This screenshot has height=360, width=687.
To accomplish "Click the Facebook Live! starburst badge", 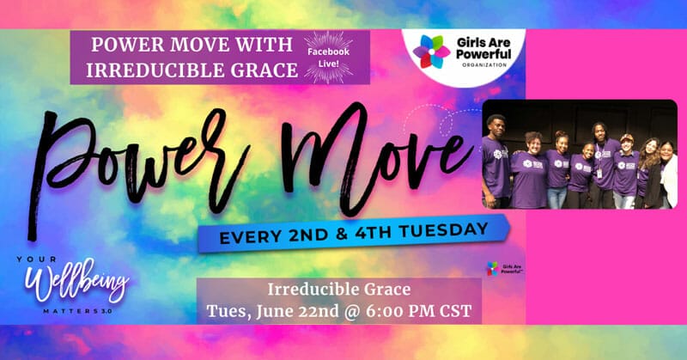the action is pos(328,57).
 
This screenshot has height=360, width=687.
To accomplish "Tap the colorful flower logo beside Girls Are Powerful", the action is pos(431,52).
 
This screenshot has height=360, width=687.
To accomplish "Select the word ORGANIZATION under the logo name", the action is pos(484,65).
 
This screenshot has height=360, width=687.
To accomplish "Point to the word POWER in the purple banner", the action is pos(126,45).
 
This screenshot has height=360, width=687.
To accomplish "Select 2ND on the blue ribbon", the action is pos(307,235).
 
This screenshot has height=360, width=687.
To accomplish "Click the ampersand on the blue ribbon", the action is pos(341,235).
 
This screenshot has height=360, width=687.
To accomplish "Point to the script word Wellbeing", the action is pos(76,281).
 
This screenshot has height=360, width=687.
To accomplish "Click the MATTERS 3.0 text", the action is pos(77,311).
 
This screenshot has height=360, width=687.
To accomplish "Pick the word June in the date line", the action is pos(273,312).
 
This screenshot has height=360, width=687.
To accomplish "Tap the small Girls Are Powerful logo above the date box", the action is pos(505,268).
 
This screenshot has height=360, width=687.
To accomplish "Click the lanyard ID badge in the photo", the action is pos(599,174).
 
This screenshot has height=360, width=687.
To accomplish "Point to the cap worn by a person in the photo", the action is pos(628,137).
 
